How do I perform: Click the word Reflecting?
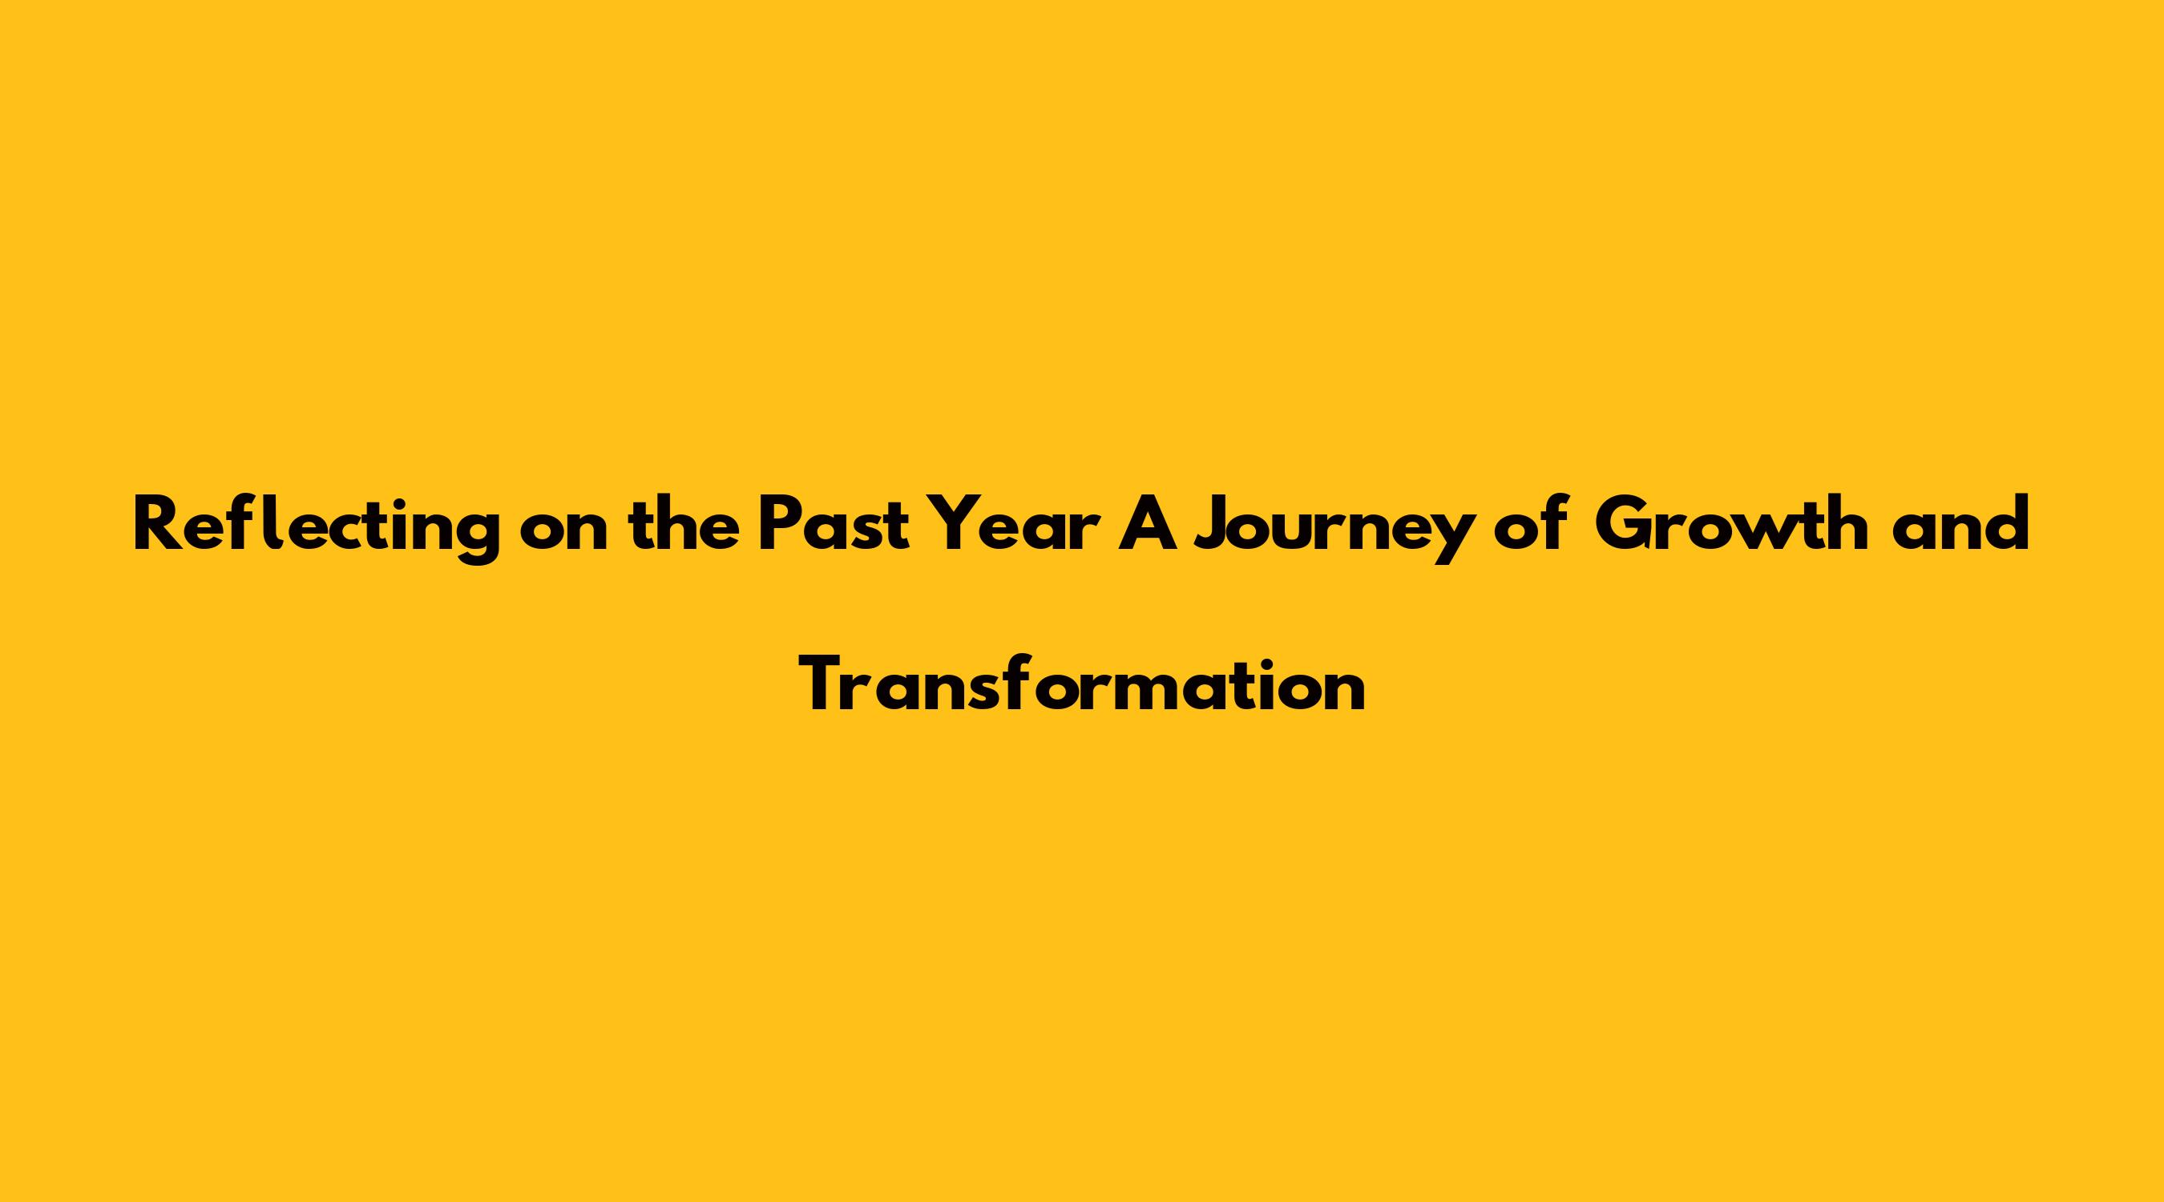[x=317, y=527]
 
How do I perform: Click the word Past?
[x=834, y=526]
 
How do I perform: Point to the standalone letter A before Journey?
[x=1148, y=526]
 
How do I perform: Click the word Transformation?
[x=1083, y=684]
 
